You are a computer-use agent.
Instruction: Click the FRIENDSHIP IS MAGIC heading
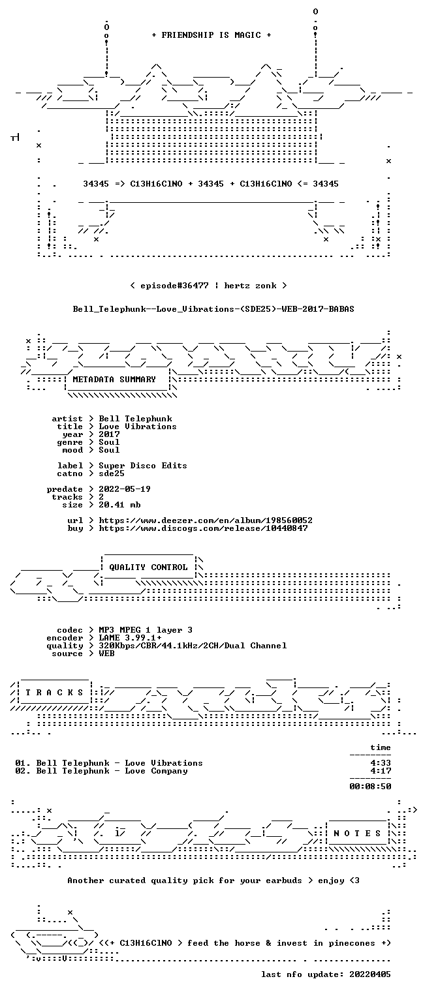211,35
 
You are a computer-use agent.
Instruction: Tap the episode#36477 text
174,286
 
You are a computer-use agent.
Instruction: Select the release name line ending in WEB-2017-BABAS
213,309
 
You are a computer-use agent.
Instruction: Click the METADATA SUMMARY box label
114,380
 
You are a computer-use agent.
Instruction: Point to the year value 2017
109,434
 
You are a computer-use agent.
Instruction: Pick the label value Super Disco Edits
142,466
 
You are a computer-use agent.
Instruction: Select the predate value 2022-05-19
125,489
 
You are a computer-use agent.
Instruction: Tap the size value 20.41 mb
119,505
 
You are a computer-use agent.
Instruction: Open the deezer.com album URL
205,520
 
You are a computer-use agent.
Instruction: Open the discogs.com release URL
203,528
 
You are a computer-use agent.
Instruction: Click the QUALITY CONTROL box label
148,567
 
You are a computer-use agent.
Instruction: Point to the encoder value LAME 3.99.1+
130,638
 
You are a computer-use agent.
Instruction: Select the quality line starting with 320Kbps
193,646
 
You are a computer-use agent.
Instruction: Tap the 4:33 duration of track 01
381,763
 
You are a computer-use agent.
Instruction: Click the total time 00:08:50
370,787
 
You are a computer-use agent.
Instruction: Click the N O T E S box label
357,834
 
